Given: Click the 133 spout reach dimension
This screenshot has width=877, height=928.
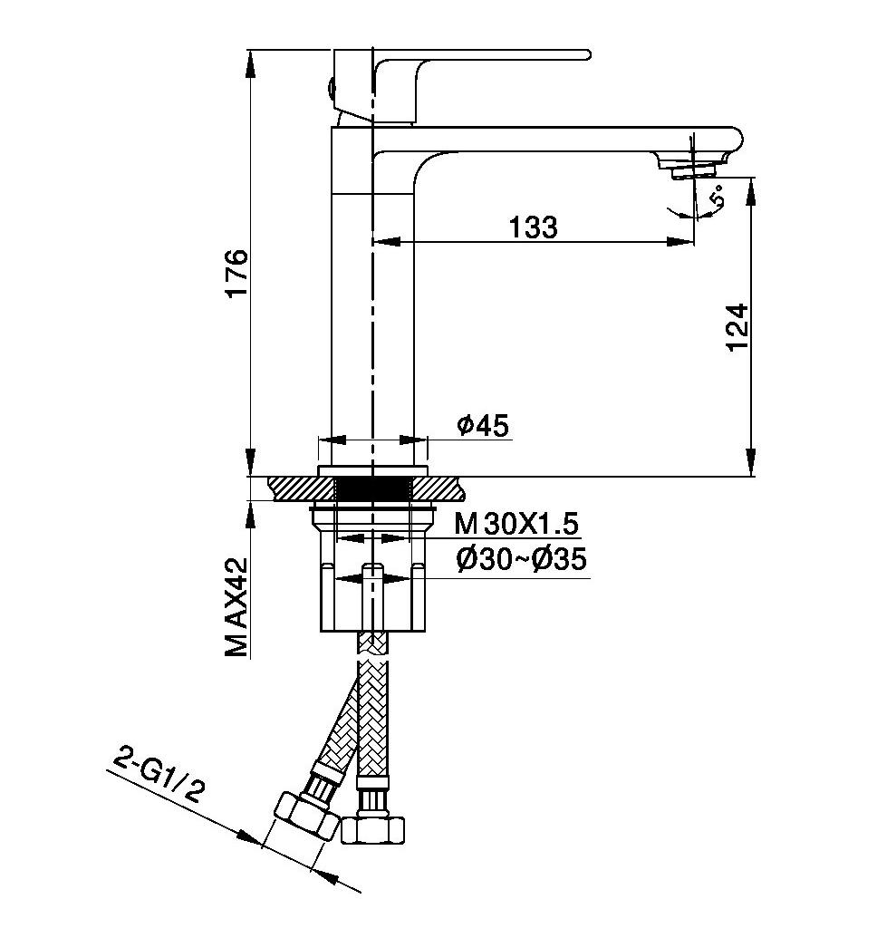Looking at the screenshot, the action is [534, 227].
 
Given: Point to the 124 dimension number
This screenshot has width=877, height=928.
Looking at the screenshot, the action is [737, 328].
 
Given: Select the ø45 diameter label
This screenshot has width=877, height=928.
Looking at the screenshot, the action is [482, 425].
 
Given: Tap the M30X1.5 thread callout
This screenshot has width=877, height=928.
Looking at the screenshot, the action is [516, 524].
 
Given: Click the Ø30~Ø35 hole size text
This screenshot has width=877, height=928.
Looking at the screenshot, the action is [521, 558].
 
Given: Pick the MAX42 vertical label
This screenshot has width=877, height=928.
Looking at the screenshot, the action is [236, 606].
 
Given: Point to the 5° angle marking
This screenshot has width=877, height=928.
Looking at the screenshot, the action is [718, 196].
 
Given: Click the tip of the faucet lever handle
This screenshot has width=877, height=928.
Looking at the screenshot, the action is [588, 54].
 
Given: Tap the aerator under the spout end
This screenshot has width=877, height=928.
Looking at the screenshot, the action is [694, 170].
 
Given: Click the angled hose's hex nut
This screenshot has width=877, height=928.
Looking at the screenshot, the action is [306, 818].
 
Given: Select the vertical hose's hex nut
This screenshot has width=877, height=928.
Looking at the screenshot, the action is [373, 829].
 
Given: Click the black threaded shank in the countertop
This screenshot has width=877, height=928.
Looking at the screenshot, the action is [372, 489].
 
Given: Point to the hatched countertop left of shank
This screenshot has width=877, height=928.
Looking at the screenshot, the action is [302, 488].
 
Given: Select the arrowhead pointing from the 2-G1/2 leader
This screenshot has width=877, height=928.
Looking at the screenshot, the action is [249, 836].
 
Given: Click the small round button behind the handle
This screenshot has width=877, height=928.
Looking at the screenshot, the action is [330, 88].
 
